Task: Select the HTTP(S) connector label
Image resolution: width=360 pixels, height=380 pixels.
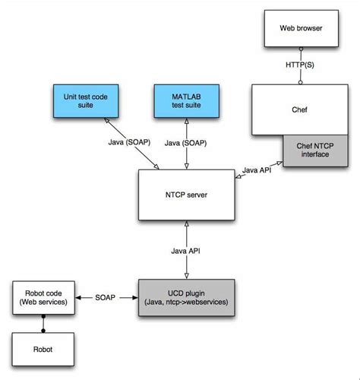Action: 301,66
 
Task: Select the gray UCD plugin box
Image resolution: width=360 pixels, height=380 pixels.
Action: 186,298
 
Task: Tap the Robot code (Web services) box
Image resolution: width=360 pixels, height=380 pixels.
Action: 43,298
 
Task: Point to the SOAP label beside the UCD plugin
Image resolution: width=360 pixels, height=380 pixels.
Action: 106,298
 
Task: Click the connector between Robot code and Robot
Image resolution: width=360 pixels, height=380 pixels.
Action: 43,322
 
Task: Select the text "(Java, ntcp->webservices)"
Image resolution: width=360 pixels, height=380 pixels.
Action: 186,304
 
